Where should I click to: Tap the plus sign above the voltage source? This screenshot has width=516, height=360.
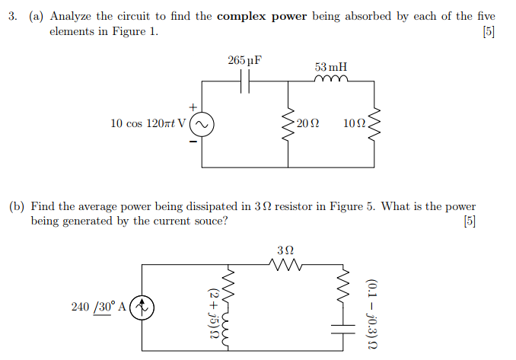click(x=193, y=107)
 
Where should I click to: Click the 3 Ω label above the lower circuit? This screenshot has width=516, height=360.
click(x=286, y=250)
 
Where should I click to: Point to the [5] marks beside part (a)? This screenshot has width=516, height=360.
click(x=488, y=31)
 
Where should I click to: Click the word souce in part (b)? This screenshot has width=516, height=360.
click(x=208, y=221)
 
